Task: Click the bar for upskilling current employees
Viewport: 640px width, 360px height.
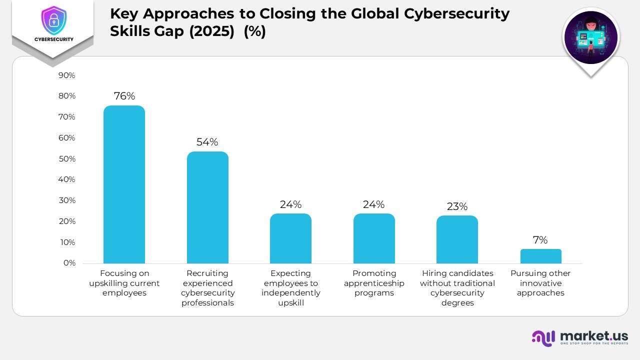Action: tap(124, 184)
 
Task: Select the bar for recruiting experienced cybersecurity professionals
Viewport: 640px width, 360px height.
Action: tap(207, 207)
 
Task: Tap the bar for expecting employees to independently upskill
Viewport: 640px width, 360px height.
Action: tap(290, 238)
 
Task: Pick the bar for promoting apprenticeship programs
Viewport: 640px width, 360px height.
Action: tap(374, 238)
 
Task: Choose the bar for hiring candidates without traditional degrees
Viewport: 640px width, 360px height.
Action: tap(457, 239)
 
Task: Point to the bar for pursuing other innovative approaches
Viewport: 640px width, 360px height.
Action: tap(540, 256)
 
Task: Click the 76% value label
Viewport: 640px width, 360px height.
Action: tap(124, 96)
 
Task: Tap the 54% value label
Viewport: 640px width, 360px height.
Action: tap(207, 142)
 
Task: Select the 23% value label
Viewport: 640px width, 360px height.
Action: tap(457, 206)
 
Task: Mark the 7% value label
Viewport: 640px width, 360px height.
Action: tap(540, 240)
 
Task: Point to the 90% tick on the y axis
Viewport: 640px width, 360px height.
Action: tap(66, 75)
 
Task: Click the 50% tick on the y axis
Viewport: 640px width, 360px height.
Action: tap(66, 159)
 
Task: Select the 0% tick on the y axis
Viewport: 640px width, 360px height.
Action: tap(69, 263)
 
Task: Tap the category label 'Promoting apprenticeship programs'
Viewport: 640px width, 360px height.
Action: tap(374, 283)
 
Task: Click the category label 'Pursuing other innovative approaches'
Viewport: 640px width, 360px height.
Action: tap(540, 283)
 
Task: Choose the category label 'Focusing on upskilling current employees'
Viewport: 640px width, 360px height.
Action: tap(124, 283)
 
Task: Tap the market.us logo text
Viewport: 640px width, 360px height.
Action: tap(594, 336)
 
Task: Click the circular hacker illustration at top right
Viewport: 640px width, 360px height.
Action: tap(590, 37)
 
